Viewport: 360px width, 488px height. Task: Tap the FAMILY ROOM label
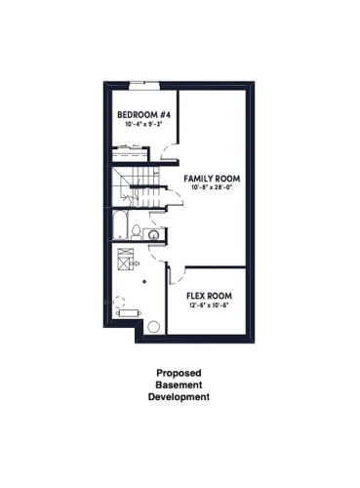tap(212, 180)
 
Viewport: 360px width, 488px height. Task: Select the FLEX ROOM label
tap(209, 296)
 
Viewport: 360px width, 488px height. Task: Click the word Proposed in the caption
tap(179, 372)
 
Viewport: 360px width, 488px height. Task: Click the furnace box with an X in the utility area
tap(125, 261)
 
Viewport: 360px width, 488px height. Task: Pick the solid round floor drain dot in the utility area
tap(143, 281)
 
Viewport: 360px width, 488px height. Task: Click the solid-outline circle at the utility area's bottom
tap(153, 327)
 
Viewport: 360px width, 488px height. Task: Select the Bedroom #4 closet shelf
tap(128, 151)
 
